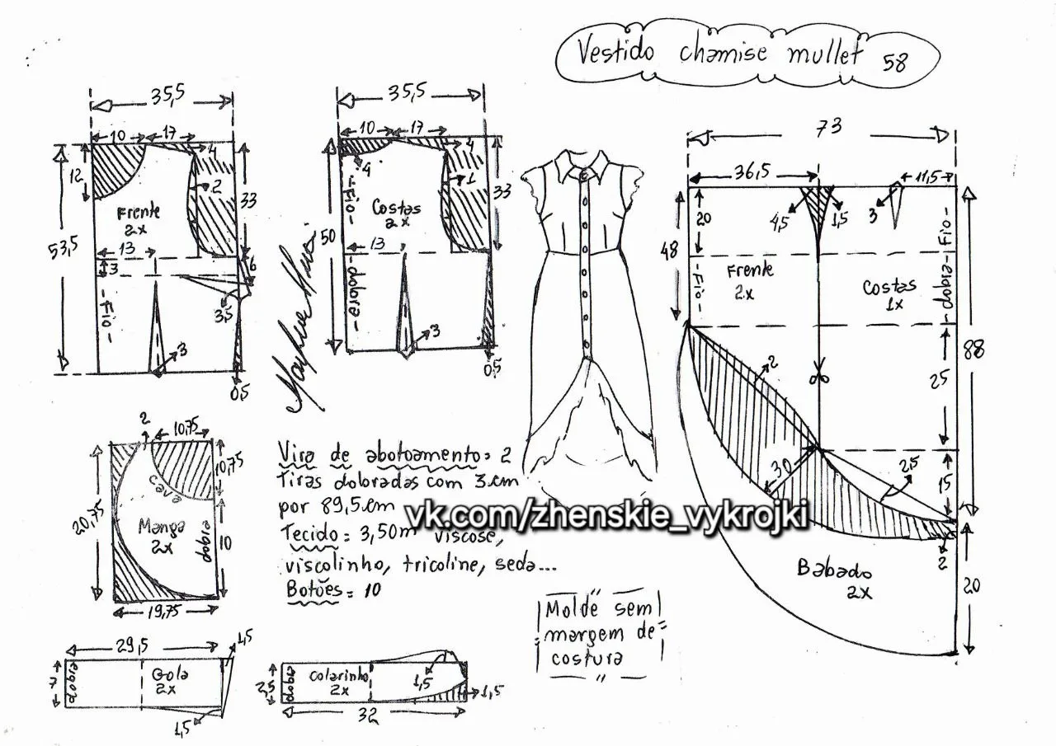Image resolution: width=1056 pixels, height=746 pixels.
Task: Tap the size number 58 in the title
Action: pyautogui.click(x=894, y=63)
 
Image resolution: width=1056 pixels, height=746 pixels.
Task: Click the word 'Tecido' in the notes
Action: pyautogui.click(x=308, y=534)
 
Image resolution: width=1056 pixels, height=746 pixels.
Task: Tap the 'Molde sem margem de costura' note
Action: pyautogui.click(x=601, y=633)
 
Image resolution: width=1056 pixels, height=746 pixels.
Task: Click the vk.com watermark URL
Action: pyautogui.click(x=610, y=514)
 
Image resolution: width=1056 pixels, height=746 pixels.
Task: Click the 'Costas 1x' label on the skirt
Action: pyautogui.click(x=889, y=293)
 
